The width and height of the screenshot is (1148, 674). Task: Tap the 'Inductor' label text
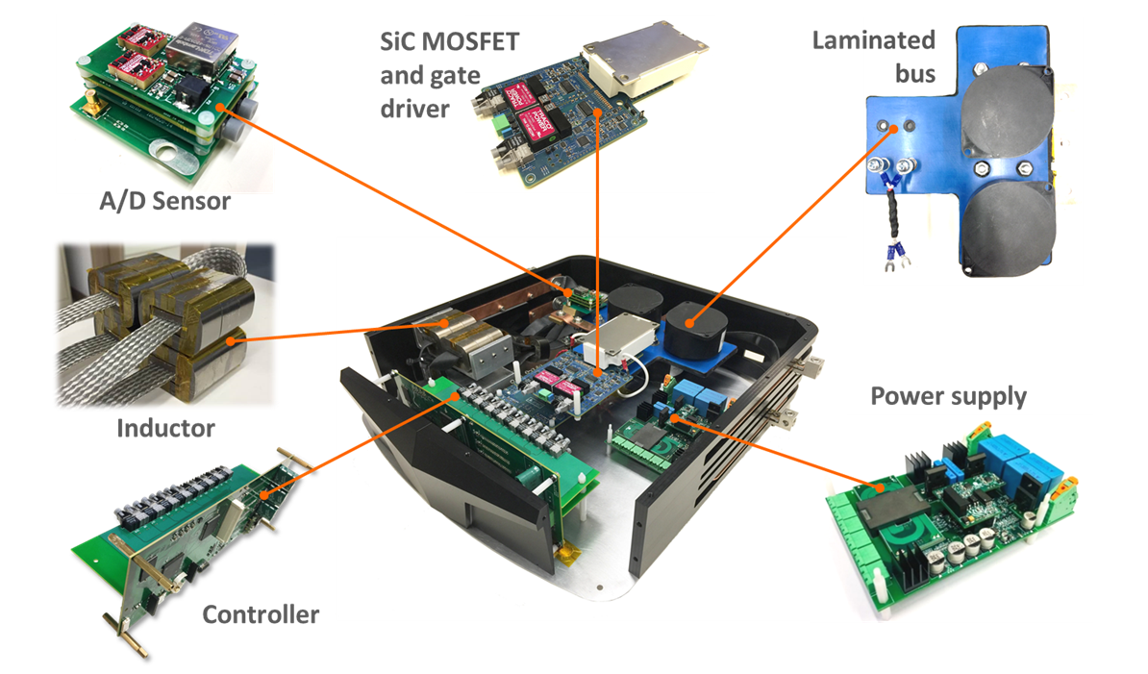click(x=164, y=427)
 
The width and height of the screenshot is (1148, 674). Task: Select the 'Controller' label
click(x=260, y=613)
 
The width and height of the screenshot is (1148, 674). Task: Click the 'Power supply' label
click(x=948, y=396)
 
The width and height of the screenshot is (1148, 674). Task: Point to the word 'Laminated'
click(x=873, y=40)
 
